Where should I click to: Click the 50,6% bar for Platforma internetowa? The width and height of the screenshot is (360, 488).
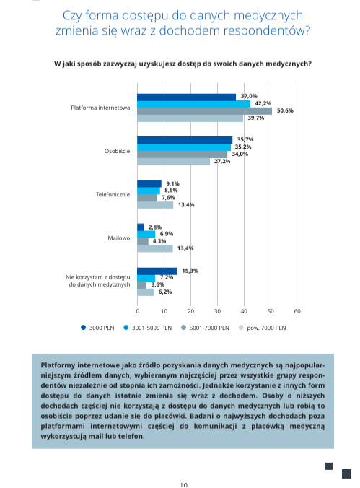(x=204, y=111)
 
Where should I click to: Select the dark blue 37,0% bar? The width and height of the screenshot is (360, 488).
(x=186, y=97)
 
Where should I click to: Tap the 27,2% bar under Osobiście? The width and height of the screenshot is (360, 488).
(x=173, y=162)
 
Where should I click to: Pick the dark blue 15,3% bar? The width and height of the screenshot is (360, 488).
(x=157, y=271)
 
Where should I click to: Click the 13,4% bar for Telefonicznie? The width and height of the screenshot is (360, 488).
(x=155, y=205)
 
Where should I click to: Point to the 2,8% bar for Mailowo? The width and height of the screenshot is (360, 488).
(x=141, y=227)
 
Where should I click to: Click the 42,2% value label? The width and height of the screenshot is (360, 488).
(x=263, y=103)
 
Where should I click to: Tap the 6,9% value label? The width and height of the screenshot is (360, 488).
(x=167, y=234)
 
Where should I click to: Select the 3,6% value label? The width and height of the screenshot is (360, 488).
(x=158, y=284)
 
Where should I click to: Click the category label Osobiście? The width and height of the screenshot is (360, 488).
(x=117, y=152)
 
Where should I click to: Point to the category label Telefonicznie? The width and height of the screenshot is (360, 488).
(x=113, y=194)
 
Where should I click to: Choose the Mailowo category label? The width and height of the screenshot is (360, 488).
(x=118, y=238)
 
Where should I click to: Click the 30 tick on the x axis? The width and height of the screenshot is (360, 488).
(x=217, y=311)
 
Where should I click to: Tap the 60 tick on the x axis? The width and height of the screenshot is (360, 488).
(x=297, y=311)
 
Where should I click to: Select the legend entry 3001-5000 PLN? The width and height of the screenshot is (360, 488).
(x=147, y=328)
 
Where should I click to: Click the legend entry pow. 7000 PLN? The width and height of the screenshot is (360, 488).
(x=262, y=328)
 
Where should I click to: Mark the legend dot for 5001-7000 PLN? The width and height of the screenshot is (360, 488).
(x=183, y=328)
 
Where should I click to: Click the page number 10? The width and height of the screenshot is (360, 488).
(x=183, y=484)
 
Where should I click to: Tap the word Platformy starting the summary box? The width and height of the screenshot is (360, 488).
(x=58, y=365)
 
